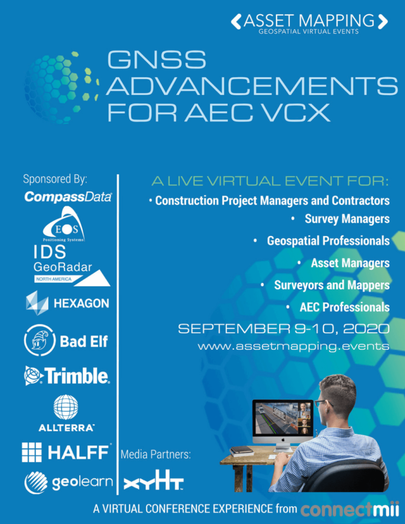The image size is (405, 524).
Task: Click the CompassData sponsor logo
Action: pyautogui.click(x=68, y=197)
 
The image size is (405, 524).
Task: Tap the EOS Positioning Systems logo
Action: pyautogui.click(x=64, y=224)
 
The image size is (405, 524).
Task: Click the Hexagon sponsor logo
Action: pyautogui.click(x=68, y=303)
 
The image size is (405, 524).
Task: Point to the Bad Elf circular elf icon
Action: pyautogui.click(x=39, y=340)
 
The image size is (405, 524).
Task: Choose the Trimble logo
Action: pyautogui.click(x=67, y=376)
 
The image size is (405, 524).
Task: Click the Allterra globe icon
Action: pyautogui.click(x=66, y=407)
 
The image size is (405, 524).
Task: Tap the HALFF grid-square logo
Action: pyautogui.click(x=32, y=452)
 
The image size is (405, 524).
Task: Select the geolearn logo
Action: pyautogui.click(x=69, y=483)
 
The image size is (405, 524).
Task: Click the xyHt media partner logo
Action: pyautogui.click(x=154, y=480)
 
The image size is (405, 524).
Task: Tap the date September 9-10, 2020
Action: pyautogui.click(x=284, y=329)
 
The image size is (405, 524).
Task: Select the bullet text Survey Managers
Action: pyautogui.click(x=347, y=219)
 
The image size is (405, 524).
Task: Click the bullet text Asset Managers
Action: pyautogui.click(x=350, y=264)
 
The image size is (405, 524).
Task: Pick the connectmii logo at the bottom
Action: pyautogui.click(x=350, y=509)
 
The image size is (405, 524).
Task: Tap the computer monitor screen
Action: pyautogui.click(x=283, y=418)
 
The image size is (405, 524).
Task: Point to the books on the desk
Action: pyautogui.click(x=242, y=451)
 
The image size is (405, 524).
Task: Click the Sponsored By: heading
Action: pyautogui.click(x=55, y=179)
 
